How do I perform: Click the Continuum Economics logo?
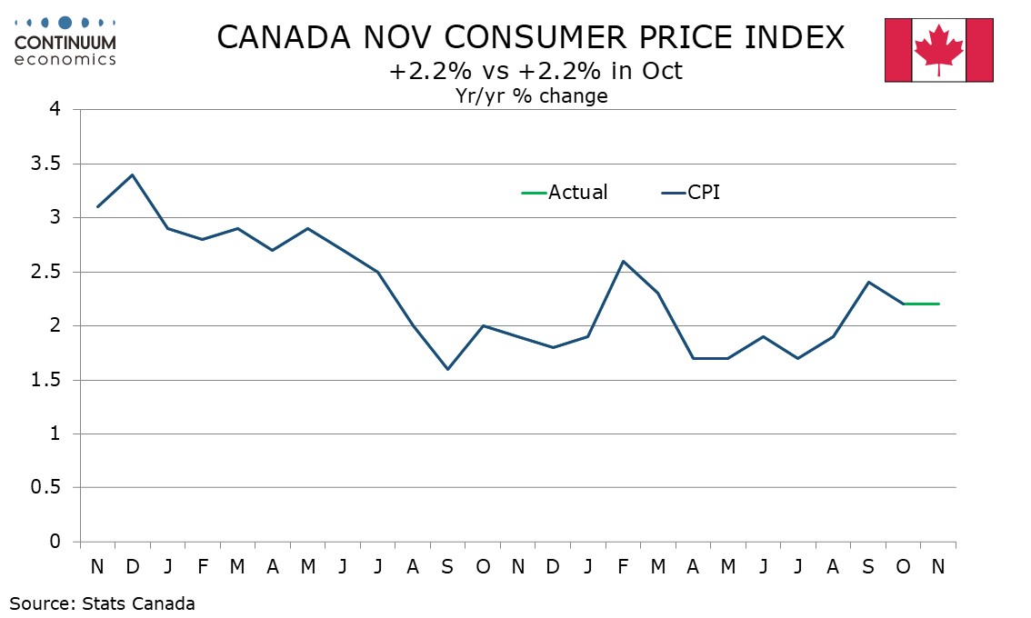coord(65,40)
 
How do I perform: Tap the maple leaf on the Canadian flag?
coord(938,50)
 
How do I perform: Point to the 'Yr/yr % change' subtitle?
coord(531,95)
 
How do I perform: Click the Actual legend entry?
coord(565,193)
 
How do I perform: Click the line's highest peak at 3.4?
coord(133,174)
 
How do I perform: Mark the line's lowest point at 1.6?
coord(447,369)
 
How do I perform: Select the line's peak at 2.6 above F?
coord(623,261)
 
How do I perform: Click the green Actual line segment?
coord(921,304)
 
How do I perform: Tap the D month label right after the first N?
coord(133,566)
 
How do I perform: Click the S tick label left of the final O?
coord(868,566)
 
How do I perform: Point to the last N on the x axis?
coord(938,566)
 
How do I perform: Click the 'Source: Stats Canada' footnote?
coord(103,603)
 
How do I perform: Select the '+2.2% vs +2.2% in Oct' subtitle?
coord(536,72)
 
